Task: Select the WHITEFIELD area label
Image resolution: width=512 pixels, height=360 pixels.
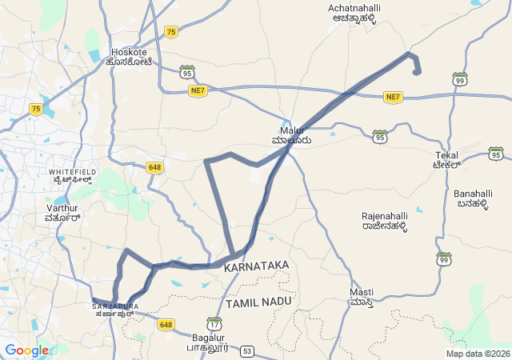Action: click(72, 172)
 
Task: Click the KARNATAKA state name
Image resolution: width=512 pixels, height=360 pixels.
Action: click(257, 264)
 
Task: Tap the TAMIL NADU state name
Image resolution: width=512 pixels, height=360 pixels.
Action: click(259, 304)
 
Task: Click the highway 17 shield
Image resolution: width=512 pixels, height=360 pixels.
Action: click(214, 324)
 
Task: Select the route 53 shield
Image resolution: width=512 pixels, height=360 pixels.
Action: click(247, 351)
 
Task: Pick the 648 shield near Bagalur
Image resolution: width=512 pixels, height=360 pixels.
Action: click(166, 324)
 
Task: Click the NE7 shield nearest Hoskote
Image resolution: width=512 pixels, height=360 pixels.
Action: click(198, 91)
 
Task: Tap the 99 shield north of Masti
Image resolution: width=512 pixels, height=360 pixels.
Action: click(444, 258)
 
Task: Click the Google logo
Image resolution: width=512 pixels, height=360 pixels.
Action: click(26, 350)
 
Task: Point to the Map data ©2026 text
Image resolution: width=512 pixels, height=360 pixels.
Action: click(477, 354)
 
